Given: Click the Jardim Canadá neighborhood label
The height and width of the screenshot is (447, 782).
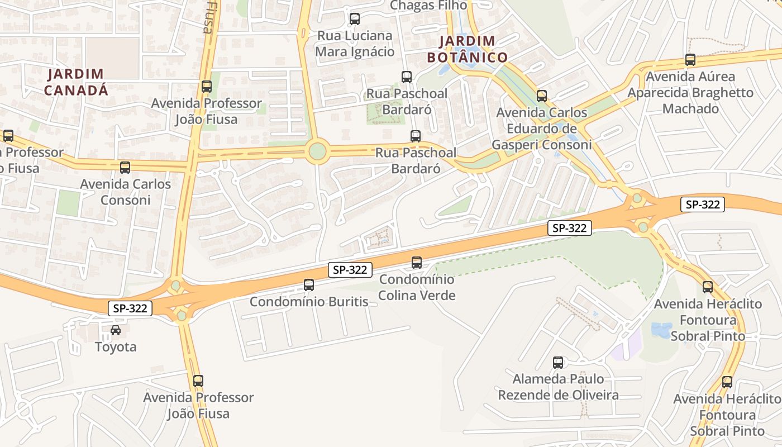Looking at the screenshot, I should tap(77, 82).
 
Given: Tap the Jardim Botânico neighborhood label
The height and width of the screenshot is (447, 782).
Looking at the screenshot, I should tap(468, 49).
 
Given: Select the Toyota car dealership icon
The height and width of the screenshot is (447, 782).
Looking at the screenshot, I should tap(116, 330).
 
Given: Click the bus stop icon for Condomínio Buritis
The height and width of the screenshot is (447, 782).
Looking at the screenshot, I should tap(309, 285).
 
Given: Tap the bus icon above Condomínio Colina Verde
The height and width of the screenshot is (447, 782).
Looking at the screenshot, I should tap(417, 263).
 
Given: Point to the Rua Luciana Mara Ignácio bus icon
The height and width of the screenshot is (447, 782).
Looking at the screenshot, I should tap(355, 19).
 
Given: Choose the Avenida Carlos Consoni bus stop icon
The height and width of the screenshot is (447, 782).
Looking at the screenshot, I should tap(125, 168).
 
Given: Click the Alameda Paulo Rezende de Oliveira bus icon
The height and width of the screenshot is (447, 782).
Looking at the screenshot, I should tap(558, 363).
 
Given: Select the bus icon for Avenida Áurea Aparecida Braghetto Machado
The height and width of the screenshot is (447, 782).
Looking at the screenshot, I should tap(690, 60).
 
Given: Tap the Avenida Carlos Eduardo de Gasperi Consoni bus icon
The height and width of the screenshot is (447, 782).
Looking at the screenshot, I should tap(542, 96).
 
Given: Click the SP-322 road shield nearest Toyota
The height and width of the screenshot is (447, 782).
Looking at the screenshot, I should tap(130, 308).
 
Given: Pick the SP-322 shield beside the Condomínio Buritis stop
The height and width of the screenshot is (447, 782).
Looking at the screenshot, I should tap(350, 270).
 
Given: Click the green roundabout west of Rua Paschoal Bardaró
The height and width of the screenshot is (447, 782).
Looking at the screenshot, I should tap(317, 151).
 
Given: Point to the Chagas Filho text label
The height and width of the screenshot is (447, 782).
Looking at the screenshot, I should tap(428, 5).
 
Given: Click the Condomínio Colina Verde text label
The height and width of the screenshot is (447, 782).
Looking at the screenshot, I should tap(417, 287).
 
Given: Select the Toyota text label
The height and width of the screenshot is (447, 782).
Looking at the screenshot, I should tap(116, 347).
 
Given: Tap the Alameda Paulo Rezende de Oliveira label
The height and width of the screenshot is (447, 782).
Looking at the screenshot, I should tap(558, 387).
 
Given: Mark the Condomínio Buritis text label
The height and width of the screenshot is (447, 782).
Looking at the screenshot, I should tap(309, 302).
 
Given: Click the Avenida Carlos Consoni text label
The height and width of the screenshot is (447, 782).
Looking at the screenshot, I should tap(125, 192).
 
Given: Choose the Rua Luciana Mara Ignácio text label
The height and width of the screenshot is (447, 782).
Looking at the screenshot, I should tap(355, 44).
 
